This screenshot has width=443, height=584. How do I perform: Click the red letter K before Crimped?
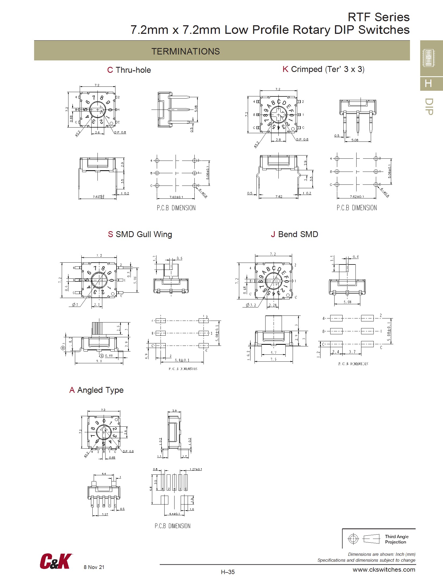click(x=285, y=69)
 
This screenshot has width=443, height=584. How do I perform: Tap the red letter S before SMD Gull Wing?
click(x=110, y=234)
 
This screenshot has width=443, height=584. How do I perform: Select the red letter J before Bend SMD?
click(x=273, y=234)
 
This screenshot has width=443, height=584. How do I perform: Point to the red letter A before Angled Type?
click(x=72, y=390)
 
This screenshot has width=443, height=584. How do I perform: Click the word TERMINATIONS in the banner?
click(x=186, y=51)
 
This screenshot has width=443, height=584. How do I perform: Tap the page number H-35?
click(x=228, y=572)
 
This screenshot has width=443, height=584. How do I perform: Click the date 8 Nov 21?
click(x=94, y=567)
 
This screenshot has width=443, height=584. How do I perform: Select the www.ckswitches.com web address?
click(x=384, y=570)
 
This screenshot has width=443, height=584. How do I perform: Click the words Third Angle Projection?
click(x=397, y=539)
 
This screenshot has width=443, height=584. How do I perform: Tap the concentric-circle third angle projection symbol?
click(x=353, y=539)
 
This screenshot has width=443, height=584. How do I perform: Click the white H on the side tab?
click(x=429, y=84)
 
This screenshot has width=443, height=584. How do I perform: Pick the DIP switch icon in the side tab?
click(x=429, y=57)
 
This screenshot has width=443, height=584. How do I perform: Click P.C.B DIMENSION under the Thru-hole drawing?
click(x=176, y=208)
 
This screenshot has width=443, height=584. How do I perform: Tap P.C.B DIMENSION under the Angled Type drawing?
click(x=172, y=526)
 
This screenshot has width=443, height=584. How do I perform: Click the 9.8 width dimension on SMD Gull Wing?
click(x=99, y=361)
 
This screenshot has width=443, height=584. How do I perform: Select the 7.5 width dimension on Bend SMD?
click(x=273, y=359)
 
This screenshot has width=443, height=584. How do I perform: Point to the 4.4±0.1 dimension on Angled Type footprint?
click(x=175, y=514)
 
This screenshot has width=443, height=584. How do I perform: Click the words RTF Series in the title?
click(x=379, y=17)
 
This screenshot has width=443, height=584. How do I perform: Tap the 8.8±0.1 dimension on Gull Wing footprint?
click(x=182, y=360)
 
